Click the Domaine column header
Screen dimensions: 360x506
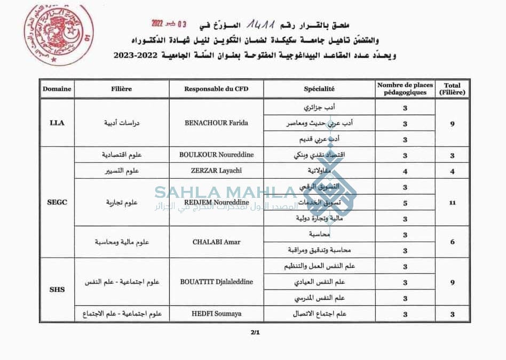(x=57, y=89)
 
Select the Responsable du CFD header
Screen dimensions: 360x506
(x=216, y=89)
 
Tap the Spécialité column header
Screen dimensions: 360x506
(x=319, y=89)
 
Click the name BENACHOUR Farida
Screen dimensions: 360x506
(x=216, y=123)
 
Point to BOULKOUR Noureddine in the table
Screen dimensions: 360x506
(x=216, y=155)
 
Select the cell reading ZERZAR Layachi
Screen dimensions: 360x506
(x=216, y=171)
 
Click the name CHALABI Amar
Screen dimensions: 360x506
(x=216, y=242)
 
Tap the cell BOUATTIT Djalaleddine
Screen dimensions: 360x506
(x=216, y=282)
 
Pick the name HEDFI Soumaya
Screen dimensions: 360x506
(x=216, y=314)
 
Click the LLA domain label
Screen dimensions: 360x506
(x=57, y=123)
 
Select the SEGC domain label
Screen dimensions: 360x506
(x=57, y=203)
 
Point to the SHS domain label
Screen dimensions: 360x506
(x=57, y=290)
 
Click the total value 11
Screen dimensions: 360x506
(x=452, y=203)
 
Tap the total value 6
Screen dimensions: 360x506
(x=452, y=242)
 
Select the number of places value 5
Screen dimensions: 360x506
(x=405, y=203)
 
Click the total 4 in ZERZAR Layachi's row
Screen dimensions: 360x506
(x=452, y=171)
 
